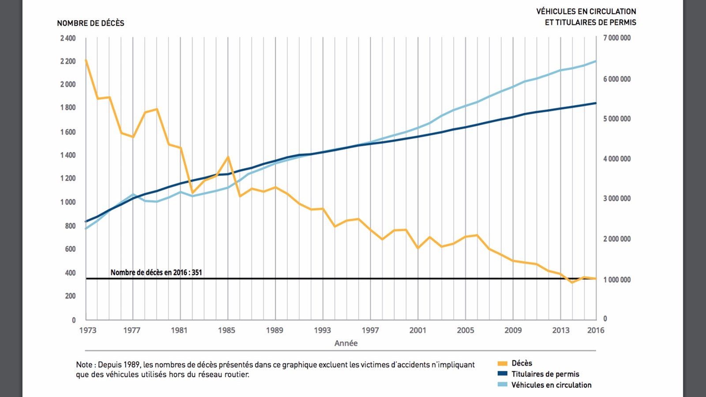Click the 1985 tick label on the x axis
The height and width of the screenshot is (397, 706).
point(227,330)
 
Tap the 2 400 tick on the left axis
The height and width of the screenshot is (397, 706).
point(68,38)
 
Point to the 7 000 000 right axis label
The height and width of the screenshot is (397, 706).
point(617,38)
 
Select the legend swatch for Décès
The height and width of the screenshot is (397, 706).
point(502,363)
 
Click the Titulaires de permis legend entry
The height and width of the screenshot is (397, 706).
point(545,374)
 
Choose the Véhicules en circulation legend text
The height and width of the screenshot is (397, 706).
point(551,385)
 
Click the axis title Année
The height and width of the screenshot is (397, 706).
point(346,343)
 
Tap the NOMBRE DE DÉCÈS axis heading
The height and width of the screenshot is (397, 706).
point(90,23)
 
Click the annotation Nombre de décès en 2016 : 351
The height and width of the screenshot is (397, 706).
point(156,273)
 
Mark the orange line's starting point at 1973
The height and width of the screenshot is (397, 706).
point(86,60)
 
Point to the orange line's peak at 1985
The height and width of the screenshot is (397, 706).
point(228,157)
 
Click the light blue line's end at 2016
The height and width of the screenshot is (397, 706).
point(596,61)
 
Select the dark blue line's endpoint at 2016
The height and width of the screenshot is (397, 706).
point(596,103)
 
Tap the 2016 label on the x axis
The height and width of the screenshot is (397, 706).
point(596,330)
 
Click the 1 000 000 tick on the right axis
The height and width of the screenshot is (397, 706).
point(617,280)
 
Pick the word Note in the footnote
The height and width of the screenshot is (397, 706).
point(84,365)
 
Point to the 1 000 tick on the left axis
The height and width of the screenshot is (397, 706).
point(68,202)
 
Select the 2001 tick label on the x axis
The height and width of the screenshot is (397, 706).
point(417,330)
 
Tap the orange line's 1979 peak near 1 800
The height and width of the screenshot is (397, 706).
point(157,109)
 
